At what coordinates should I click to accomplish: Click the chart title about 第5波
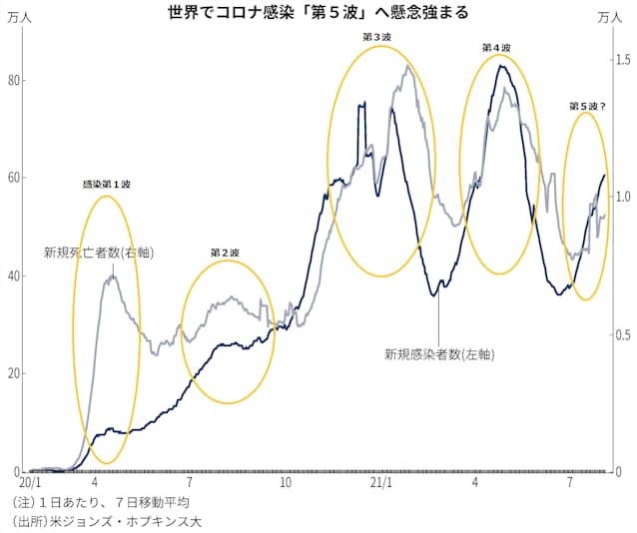[318, 14]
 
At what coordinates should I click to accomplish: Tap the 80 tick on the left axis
[13, 81]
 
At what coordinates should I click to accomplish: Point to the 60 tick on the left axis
[13, 178]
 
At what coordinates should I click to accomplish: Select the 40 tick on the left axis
[13, 275]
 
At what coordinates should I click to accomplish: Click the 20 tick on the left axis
[13, 373]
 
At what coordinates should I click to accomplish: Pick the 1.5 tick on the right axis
[621, 60]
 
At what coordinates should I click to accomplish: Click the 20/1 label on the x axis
[30, 482]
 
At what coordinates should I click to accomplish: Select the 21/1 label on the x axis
[380, 482]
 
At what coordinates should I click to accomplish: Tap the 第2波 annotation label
[225, 254]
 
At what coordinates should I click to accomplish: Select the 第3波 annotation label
[376, 37]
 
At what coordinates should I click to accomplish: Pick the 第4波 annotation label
[496, 47]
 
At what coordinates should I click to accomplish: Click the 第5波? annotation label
[587, 105]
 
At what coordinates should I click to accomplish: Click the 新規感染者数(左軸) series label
[439, 353]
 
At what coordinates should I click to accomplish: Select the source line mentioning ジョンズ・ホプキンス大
[109, 521]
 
